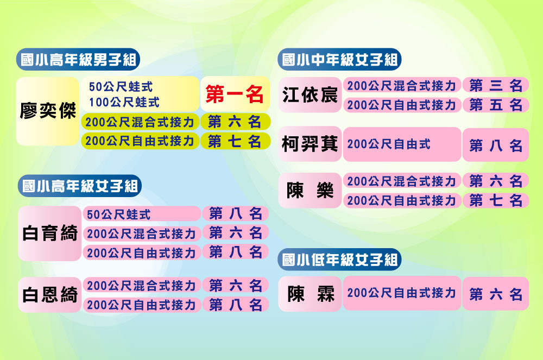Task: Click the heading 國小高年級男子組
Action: pos(78,60)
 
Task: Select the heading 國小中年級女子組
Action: pos(340,60)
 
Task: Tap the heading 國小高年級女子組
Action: pos(80,186)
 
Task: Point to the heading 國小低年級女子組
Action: pos(340,260)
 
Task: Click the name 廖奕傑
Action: pos(48,111)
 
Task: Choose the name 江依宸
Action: pos(310,95)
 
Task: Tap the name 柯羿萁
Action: pos(310,144)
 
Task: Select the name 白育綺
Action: pos(50,233)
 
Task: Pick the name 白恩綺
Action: pos(50,295)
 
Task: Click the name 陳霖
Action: pos(310,294)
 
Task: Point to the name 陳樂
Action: pos(310,191)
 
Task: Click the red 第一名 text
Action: pos(235,94)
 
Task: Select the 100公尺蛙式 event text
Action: pos(124,102)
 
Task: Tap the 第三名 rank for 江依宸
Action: pos(496,85)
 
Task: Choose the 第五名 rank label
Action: pos(496,105)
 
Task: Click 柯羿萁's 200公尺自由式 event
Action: pos(389,144)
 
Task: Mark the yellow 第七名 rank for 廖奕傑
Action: pos(235,141)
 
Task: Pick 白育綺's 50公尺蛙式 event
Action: pos(118,214)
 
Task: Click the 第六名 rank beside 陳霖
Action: pos(496,294)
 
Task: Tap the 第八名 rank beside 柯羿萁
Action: pos(496,146)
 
